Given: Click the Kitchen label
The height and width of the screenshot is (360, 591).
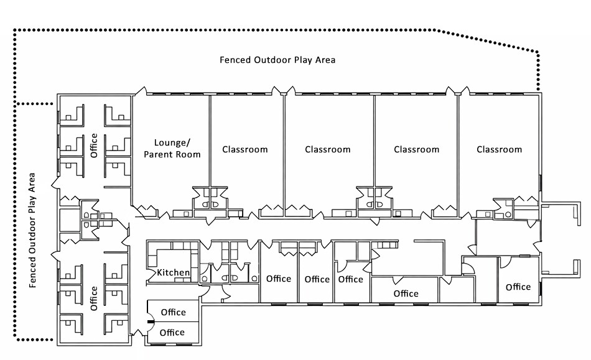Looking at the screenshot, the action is [173, 272].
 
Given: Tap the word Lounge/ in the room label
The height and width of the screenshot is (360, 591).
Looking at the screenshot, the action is [172, 143].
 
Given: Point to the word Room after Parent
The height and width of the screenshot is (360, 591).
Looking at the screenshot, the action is [188, 154].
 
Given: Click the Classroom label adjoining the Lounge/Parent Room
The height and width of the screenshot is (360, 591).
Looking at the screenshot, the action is [245, 149].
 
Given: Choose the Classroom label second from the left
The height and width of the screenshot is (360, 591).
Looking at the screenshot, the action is [327, 149].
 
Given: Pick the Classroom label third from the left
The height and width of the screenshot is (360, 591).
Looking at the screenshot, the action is [416, 149].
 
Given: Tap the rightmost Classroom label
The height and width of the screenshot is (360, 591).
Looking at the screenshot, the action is [500, 149].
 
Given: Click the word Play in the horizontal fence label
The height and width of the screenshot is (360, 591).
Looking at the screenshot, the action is [304, 60].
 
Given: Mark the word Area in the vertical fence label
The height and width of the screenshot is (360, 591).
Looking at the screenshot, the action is [32, 183].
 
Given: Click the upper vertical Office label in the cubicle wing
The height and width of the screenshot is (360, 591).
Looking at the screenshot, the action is [94, 145].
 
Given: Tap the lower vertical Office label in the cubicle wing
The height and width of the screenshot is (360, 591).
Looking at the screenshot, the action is [94, 298].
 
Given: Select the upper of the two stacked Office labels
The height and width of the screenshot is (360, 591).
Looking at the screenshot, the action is [174, 312].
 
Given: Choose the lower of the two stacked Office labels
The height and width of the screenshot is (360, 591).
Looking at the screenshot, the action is [172, 333].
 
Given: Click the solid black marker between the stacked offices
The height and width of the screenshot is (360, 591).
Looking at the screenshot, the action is [151, 322].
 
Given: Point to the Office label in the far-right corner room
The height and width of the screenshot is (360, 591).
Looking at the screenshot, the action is [518, 287].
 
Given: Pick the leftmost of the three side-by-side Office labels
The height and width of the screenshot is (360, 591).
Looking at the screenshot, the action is [279, 279].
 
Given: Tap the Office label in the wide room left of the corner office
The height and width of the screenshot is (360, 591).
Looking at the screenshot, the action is [406, 293].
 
